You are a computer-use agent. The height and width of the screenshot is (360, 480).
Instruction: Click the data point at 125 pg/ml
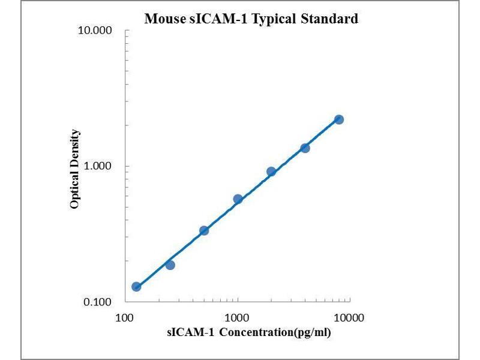(x=136, y=287)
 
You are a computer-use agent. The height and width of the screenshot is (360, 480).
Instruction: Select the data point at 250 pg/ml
(x=170, y=265)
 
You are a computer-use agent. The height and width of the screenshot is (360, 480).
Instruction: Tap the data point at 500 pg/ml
(x=204, y=230)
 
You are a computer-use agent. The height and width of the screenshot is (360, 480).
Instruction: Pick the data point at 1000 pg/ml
(x=238, y=199)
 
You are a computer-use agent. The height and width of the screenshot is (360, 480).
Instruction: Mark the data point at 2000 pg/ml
(x=271, y=172)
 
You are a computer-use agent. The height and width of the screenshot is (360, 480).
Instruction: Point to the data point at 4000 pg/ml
(x=305, y=148)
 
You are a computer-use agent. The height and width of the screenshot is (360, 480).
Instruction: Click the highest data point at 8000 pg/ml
(x=339, y=119)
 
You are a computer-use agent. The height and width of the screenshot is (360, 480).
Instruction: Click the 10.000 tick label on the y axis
(x=96, y=31)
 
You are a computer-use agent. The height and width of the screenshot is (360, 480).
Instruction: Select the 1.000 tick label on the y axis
(x=99, y=166)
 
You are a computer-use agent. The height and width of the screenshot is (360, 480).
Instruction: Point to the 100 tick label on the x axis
(x=125, y=317)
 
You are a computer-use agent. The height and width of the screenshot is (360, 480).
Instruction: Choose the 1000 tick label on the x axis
(x=238, y=317)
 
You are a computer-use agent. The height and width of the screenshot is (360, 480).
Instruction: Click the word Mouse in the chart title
(x=164, y=19)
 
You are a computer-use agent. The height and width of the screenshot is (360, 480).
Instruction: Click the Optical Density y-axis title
(x=74, y=169)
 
